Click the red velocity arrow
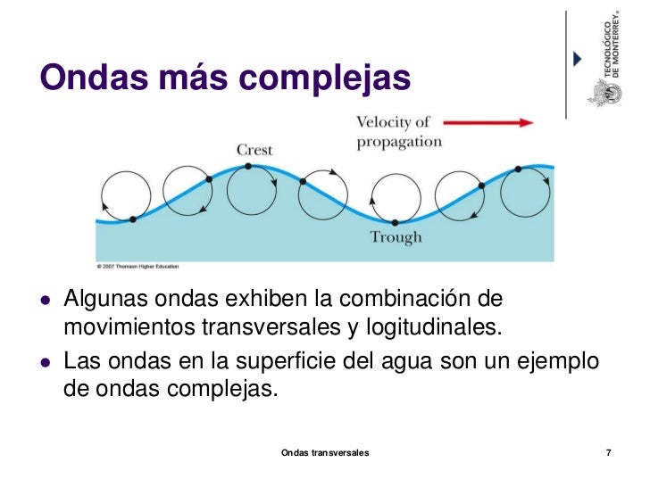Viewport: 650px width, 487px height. [x=487, y=122]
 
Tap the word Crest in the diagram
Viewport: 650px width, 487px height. [x=254, y=150]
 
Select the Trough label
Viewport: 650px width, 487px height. [x=396, y=237]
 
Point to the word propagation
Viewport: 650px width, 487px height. [x=399, y=141]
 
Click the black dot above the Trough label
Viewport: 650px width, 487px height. [x=395, y=221]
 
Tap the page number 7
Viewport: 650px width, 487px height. [x=608, y=454]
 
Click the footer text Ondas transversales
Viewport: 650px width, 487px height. [x=325, y=454]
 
